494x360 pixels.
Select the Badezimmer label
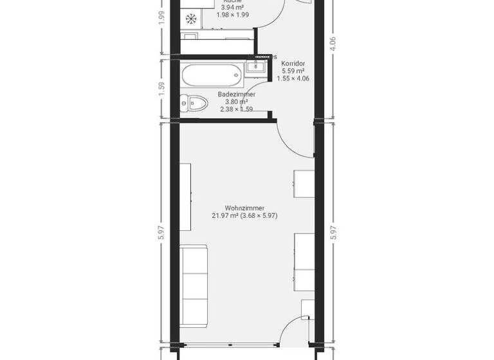coord(236,94)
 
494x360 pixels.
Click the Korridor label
coord(293,63)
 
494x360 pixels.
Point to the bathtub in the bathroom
coord(212,76)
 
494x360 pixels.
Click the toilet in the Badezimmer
coord(193,102)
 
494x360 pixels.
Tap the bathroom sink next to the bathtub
coord(261,64)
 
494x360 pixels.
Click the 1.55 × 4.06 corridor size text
coord(293,78)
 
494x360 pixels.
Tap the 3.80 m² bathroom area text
coord(236,102)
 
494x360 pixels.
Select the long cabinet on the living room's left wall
coord(185,197)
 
